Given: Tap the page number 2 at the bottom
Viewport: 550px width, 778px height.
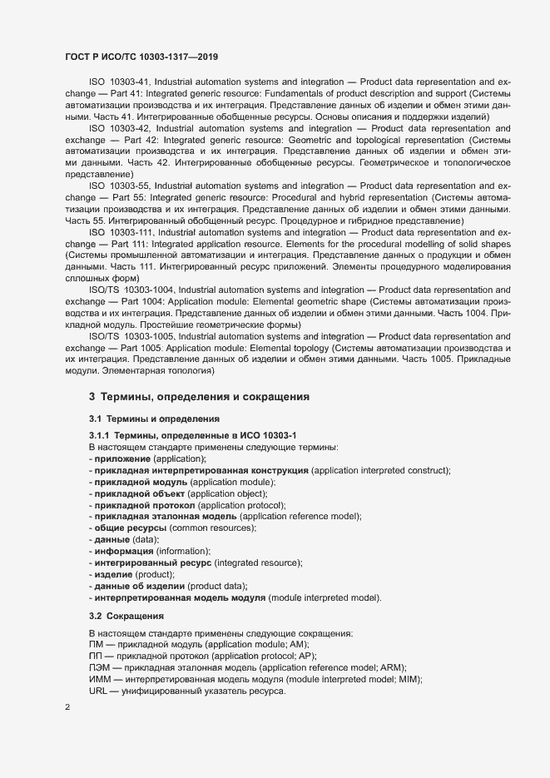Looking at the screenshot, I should point(67,707).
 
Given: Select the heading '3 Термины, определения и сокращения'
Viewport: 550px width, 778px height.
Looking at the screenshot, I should point(200,397).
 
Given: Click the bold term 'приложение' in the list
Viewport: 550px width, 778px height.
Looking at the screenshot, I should point(123,459).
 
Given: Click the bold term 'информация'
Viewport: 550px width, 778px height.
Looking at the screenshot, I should point(124,552).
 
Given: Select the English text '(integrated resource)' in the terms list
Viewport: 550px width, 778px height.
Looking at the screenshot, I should point(260,563).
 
